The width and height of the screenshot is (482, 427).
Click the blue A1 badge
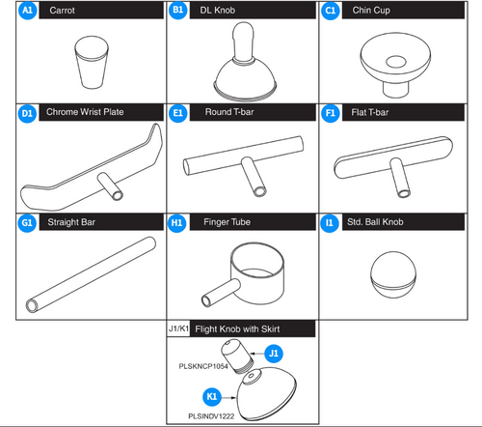coord(28,11)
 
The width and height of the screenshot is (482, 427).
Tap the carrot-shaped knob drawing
coord(92,62)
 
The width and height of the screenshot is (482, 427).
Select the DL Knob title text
coord(217,11)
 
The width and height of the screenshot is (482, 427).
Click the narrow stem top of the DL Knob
coord(244,42)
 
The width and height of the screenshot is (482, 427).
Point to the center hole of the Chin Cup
coord(395,62)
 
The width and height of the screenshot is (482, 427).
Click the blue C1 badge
coord(330,11)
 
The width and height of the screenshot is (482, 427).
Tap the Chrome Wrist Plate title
coord(85,112)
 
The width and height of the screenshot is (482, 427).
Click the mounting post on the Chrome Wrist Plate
coord(110,186)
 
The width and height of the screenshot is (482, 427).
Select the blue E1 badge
coord(177,113)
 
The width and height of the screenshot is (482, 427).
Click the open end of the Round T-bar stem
coord(259,191)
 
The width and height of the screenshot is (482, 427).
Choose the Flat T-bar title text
coord(370,112)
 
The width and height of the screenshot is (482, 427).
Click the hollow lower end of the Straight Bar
coord(32,305)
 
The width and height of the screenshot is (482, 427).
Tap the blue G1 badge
coord(27,223)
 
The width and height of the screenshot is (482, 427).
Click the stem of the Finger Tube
coord(221,293)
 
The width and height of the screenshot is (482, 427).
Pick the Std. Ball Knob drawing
coord(393,274)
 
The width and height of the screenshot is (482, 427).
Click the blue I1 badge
coord(330,223)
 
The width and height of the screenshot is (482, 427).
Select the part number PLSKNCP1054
coord(203,366)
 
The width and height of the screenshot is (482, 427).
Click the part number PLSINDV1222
coord(211,416)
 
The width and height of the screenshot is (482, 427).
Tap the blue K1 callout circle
coord(212,397)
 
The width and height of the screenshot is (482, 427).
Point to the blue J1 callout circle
coord(274,354)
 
